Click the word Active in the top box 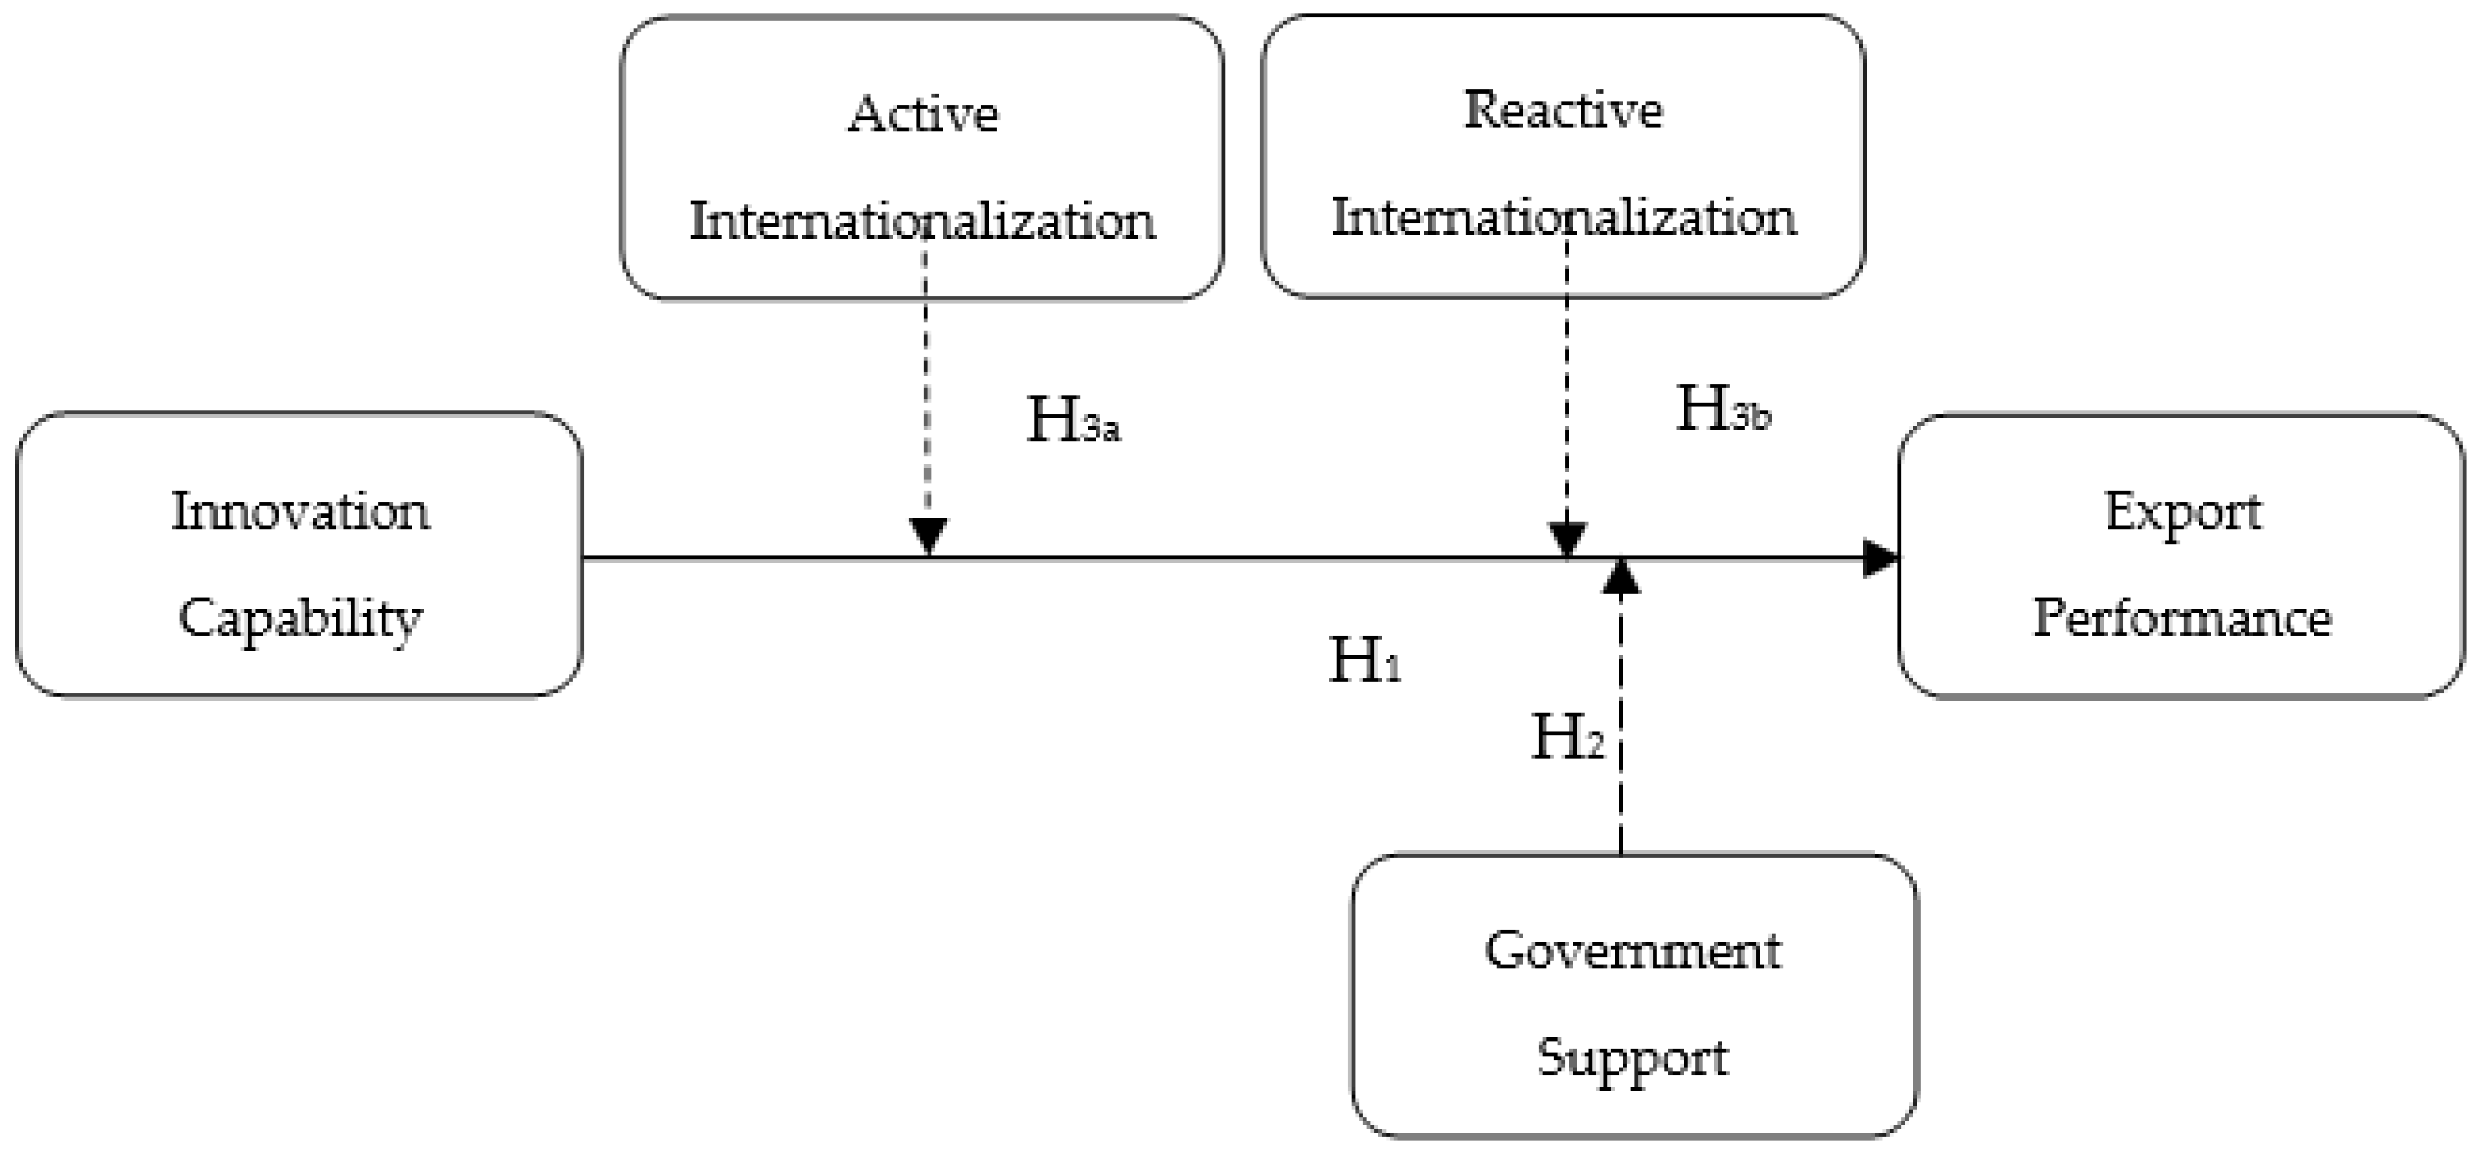[x=922, y=114]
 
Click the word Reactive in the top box [x=1564, y=110]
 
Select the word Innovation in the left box [x=300, y=511]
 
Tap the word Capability [x=300, y=619]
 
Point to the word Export [x=2182, y=511]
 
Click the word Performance [x=2182, y=618]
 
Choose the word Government [x=1633, y=950]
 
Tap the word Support [x=1633, y=1058]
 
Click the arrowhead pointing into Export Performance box [x=1880, y=557]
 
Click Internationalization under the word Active [x=922, y=221]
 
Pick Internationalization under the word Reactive [x=1564, y=217]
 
